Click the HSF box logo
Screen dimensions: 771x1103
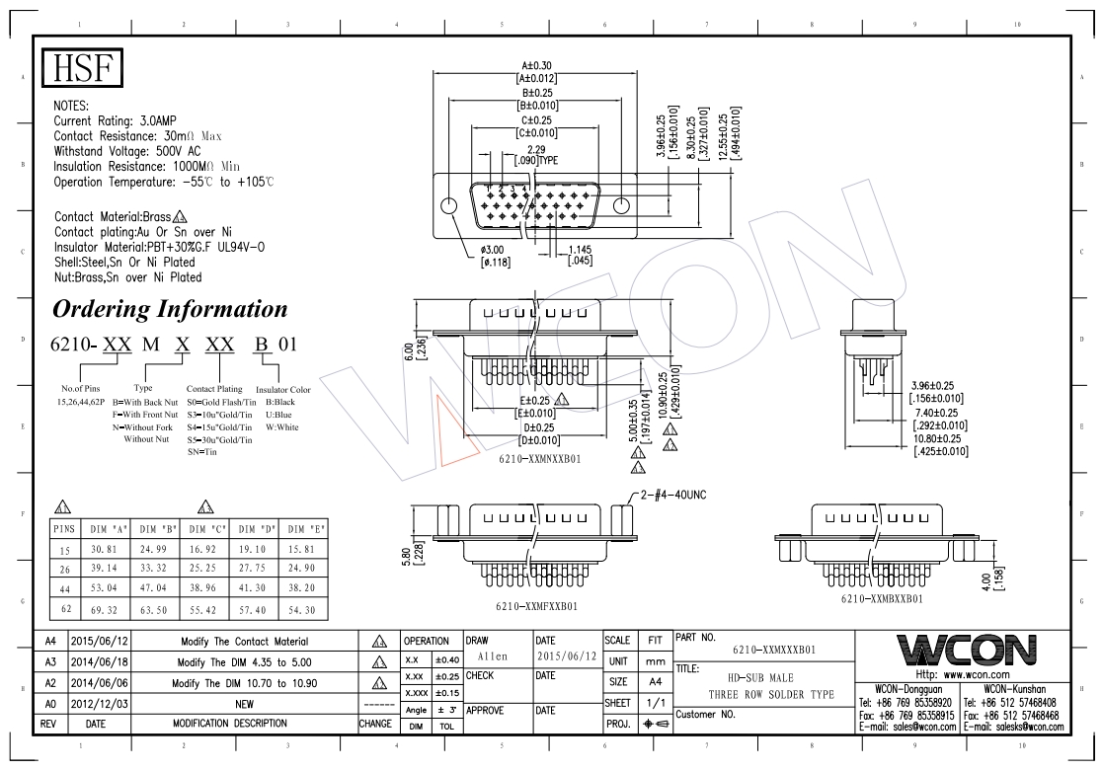82,69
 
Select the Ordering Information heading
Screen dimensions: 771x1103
169,309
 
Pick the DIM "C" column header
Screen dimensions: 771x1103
204,528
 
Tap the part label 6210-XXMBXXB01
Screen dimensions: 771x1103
882,599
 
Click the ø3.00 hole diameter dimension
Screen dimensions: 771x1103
495,251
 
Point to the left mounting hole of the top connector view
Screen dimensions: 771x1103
449,206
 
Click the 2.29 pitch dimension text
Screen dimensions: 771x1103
537,149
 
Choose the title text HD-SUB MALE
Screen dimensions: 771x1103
751,679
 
